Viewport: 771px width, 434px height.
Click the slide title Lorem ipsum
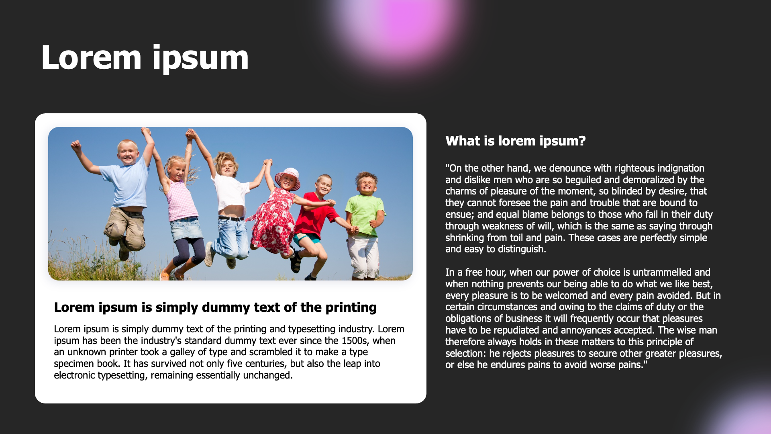coord(145,58)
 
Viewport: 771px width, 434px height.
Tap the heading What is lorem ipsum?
coord(516,141)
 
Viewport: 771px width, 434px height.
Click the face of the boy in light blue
coord(128,152)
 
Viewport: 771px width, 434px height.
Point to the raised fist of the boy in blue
coord(75,145)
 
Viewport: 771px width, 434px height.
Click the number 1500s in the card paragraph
coord(355,341)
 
